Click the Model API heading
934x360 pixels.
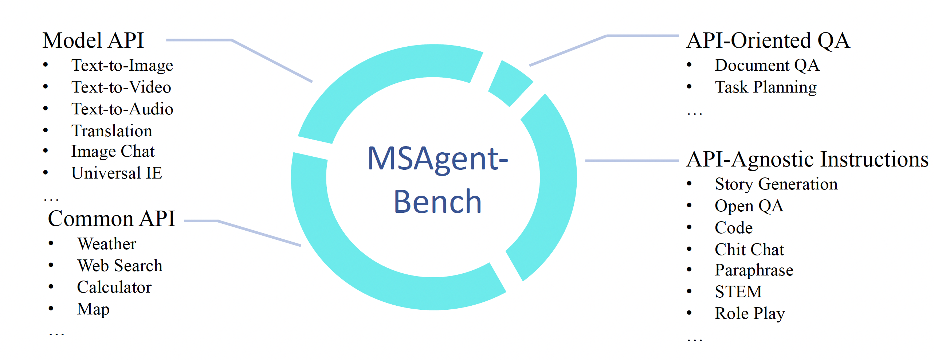93,40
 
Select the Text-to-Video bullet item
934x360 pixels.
121,87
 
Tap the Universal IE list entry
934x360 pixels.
117,173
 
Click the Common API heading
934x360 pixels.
111,219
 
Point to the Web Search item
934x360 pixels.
119,266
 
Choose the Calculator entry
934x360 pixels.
114,287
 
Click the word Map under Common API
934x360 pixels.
93,309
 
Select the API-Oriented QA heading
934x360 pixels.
768,40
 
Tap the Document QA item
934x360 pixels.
767,65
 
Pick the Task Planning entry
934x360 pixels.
765,87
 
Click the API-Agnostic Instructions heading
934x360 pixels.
807,159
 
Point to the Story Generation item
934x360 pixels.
776,184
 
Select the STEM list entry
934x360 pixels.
738,291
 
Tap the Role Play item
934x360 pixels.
749,313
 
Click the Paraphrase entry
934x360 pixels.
754,270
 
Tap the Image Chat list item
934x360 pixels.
113,151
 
